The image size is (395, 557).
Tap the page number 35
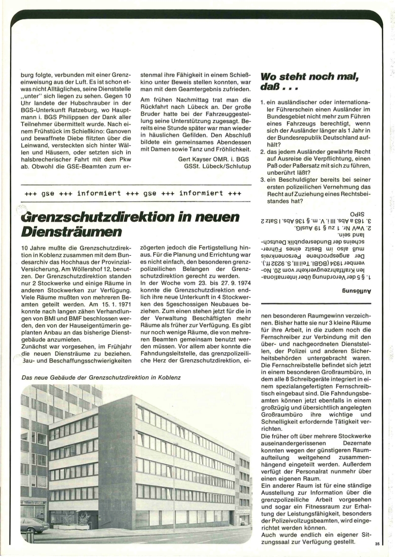pyautogui.click(x=377, y=544)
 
